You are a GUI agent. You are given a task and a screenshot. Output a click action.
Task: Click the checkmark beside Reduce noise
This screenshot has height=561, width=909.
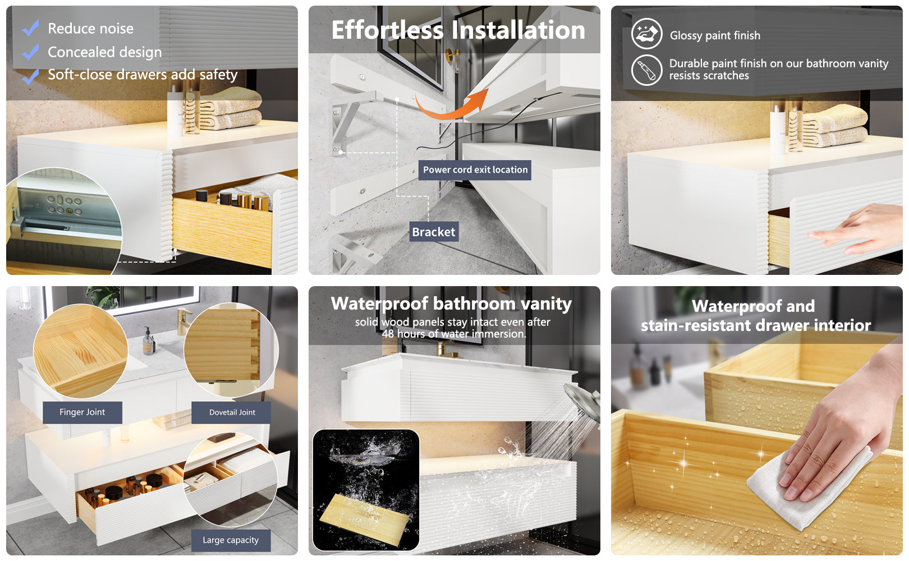(30, 28)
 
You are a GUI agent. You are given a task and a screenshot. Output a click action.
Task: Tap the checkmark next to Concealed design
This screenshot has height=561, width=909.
(30, 52)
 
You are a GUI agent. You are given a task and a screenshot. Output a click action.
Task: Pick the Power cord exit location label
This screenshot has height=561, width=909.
(475, 170)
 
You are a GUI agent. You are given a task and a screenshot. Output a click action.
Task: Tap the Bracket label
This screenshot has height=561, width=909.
(434, 232)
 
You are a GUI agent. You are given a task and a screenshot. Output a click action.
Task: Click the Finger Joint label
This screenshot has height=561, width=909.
(82, 412)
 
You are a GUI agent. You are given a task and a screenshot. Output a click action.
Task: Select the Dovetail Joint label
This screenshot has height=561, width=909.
(232, 412)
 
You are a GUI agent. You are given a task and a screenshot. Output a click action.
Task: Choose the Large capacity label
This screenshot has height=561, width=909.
(231, 540)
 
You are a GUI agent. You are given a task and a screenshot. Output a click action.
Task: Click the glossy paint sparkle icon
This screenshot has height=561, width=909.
(647, 34)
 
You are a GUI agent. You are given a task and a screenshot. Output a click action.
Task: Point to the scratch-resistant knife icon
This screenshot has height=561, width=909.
(647, 70)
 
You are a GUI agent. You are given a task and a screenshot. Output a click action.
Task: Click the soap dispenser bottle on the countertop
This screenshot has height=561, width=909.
(149, 341)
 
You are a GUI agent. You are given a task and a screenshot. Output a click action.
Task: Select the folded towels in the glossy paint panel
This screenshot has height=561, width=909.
(834, 126)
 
